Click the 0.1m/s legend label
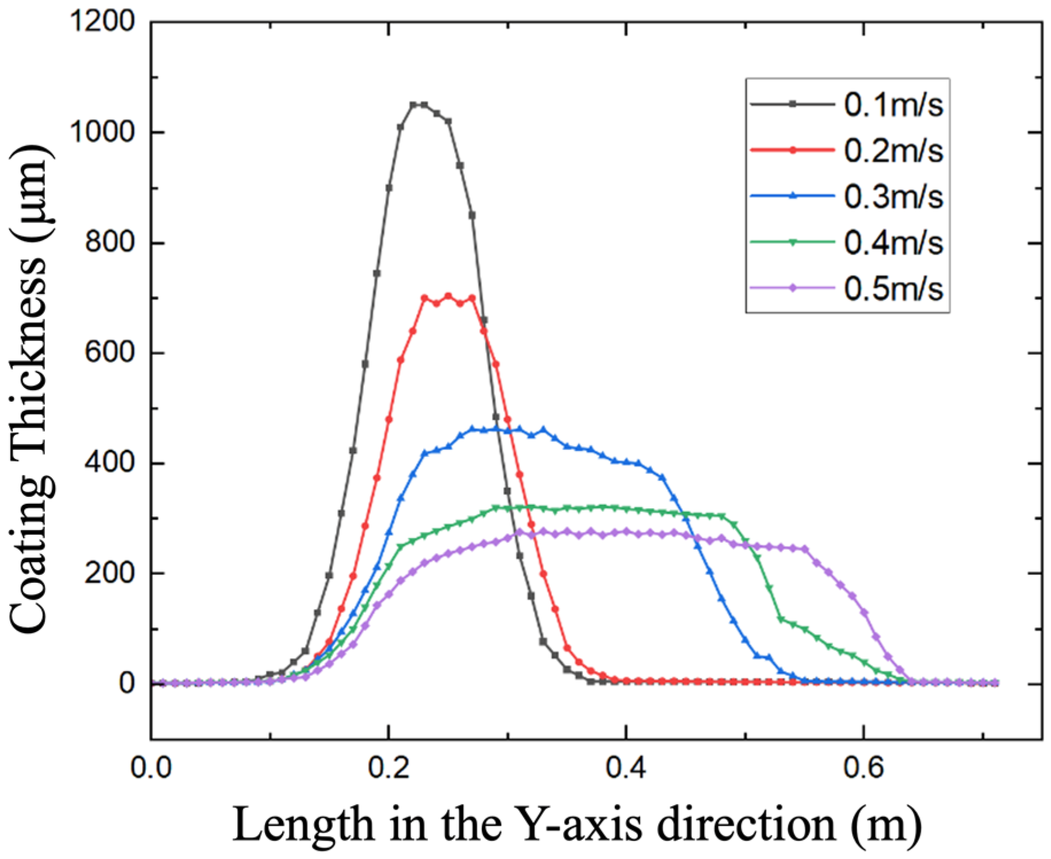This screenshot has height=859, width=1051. (x=893, y=105)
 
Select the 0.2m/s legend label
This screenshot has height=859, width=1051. (x=893, y=151)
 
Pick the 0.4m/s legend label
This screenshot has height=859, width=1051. (x=893, y=243)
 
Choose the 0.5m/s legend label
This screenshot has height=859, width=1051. (x=893, y=288)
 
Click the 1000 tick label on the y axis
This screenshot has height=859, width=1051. (x=101, y=132)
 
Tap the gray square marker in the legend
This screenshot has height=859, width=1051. (x=792, y=104)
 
